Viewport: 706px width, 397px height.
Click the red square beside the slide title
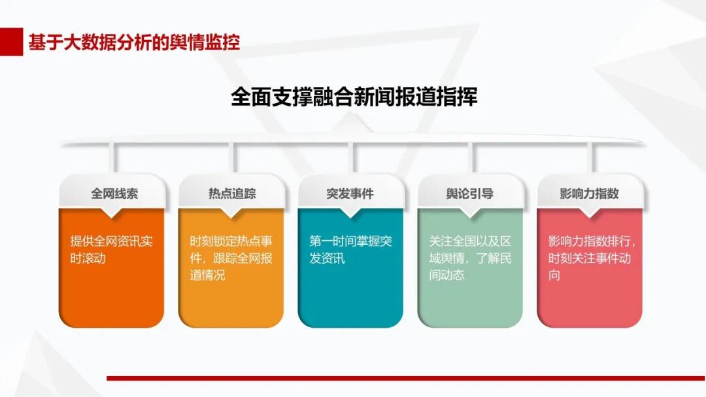click(11, 42)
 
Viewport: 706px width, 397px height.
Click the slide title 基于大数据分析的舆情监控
click(134, 42)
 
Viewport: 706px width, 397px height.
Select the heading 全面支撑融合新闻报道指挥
click(354, 97)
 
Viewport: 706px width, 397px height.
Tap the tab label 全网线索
click(114, 194)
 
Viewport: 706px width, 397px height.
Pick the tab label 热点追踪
click(232, 194)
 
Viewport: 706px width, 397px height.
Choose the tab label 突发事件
click(350, 194)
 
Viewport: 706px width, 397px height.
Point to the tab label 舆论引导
click(469, 194)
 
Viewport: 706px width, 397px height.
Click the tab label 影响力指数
click(589, 194)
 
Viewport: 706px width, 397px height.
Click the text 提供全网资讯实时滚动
click(111, 249)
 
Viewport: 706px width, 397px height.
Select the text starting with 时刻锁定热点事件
click(231, 258)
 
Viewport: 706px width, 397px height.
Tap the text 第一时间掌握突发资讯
click(350, 249)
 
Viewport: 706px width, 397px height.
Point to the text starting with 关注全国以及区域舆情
click(470, 258)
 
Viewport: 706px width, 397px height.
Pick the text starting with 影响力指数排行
click(592, 258)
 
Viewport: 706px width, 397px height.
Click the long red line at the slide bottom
click(406, 378)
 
